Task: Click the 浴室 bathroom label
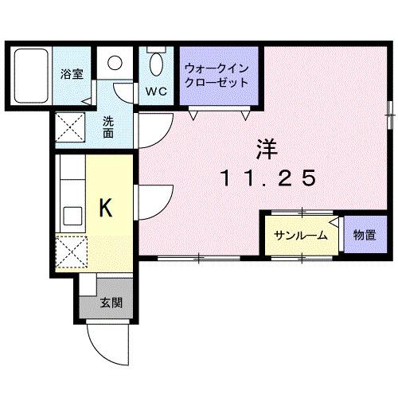pos(72,74)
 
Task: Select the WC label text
pos(156,90)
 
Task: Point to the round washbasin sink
pos(116,64)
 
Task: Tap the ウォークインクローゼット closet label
pos(215,76)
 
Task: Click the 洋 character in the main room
pos(266,148)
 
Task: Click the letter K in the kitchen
pos(104,209)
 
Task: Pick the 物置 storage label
pos(365,236)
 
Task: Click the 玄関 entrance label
pos(111,302)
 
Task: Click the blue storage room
pos(365,235)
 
